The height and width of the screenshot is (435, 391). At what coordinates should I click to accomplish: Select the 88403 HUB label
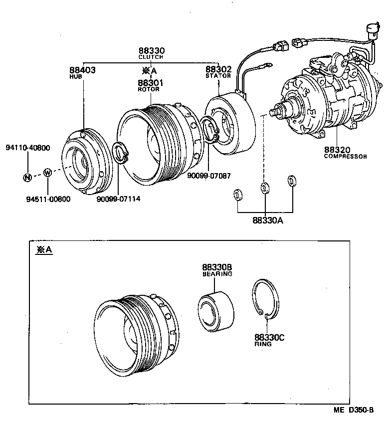[82, 73]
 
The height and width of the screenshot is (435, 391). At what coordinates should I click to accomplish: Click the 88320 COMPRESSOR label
[345, 152]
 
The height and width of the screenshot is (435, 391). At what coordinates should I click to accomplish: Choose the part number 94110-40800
[28, 148]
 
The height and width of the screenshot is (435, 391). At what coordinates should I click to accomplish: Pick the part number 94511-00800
[48, 199]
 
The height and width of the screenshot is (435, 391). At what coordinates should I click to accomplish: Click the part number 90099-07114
[119, 199]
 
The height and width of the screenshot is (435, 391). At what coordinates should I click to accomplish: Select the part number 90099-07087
[208, 175]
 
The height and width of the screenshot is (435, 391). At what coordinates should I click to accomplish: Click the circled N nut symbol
[27, 177]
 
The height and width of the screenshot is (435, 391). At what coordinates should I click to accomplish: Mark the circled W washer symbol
[48, 173]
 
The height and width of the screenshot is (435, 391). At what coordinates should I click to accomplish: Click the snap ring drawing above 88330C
[267, 299]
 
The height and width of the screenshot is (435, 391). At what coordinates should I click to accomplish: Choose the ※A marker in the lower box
[43, 249]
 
